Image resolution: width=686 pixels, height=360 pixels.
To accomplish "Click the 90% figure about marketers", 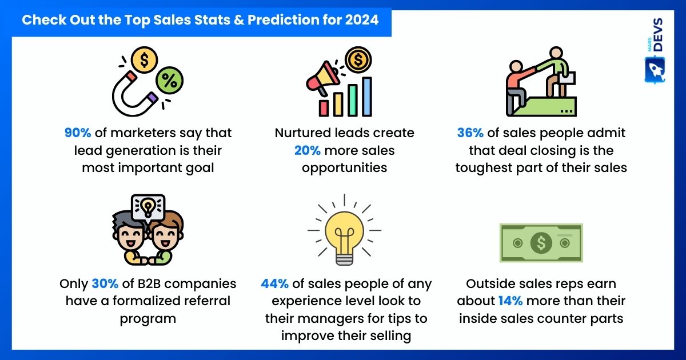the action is [78, 133].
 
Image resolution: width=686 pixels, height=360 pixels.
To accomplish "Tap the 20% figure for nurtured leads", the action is [307, 151].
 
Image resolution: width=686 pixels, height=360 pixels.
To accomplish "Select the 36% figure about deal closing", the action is [470, 133].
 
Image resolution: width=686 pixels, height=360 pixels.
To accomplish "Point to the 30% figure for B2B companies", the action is [105, 284].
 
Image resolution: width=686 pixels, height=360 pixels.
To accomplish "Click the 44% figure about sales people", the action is [275, 284].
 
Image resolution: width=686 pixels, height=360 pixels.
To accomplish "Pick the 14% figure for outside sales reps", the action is [510, 301].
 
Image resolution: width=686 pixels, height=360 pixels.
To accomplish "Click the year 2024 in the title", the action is [362, 20].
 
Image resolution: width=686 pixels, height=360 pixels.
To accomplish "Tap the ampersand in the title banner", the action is [239, 20].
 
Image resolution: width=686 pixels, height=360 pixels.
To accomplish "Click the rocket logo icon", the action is [655, 70].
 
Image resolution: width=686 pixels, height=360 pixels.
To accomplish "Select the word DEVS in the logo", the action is [658, 35].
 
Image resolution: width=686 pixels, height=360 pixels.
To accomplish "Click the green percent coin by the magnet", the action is [169, 81].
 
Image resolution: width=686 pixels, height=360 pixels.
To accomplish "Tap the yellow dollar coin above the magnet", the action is [144, 60].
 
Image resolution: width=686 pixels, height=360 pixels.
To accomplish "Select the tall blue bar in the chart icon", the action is [367, 97].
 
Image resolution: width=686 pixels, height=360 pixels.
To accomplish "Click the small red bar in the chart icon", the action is [324, 109].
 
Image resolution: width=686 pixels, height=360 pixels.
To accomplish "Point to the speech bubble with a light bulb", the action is [148, 208].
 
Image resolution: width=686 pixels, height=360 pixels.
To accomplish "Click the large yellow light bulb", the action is [345, 238].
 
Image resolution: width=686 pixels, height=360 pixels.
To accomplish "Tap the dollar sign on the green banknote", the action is [541, 243].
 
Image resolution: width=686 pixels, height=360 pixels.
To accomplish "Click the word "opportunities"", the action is [345, 169].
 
